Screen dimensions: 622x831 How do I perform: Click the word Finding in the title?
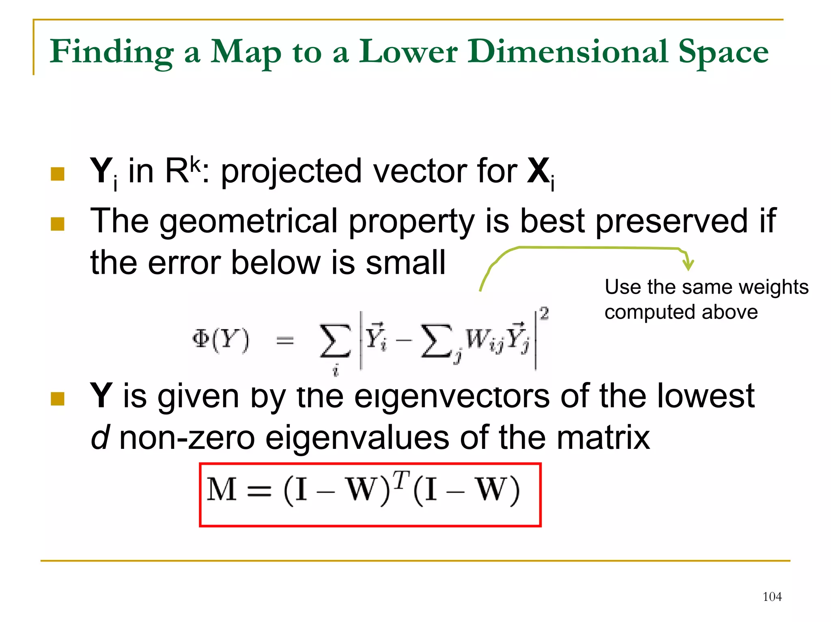click(112, 52)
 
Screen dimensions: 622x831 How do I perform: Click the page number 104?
click(772, 596)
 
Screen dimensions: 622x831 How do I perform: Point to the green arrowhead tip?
click(688, 269)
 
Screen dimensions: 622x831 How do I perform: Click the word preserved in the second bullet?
click(671, 221)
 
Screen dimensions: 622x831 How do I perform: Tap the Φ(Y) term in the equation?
click(221, 340)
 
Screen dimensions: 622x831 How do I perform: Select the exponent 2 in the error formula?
click(544, 313)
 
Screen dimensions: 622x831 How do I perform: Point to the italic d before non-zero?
click(99, 438)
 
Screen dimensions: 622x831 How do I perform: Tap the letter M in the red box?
click(222, 490)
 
